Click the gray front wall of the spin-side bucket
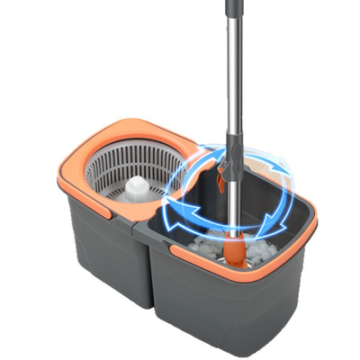click(x=99, y=270)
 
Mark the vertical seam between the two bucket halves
click(x=146, y=270)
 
